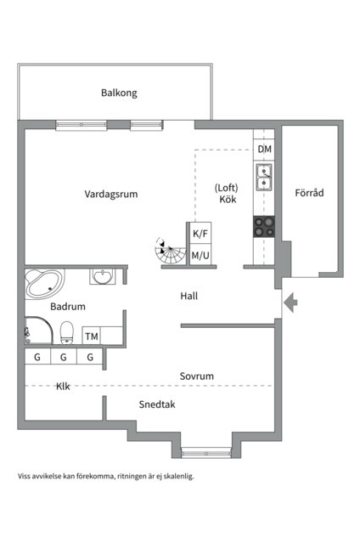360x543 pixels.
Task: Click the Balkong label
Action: click(119, 93)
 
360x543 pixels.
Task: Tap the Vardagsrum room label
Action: click(110, 194)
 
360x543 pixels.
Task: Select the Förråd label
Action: click(309, 193)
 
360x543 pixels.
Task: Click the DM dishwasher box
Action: click(265, 150)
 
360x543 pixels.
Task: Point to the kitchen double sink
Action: click(265, 178)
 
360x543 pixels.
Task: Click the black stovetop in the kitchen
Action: click(265, 225)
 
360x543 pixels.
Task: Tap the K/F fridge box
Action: click(200, 233)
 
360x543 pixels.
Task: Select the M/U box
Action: click(200, 254)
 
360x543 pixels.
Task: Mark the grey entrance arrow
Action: click(290, 302)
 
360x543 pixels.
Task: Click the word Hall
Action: click(189, 297)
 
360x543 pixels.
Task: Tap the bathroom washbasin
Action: click(104, 277)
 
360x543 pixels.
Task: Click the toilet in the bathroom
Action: click(67, 332)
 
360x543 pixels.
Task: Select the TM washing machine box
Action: click(92, 337)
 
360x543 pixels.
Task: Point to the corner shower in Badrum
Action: click(37, 331)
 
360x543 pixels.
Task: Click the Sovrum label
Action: click(196, 376)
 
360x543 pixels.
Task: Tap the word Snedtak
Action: click(157, 404)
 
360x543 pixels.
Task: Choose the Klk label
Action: click(63, 386)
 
